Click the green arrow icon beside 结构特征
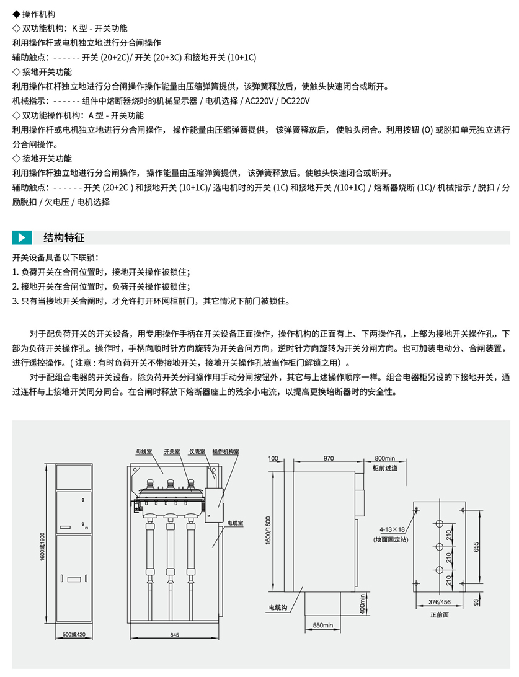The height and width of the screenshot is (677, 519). click(x=22, y=237)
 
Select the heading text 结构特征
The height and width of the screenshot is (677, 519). click(x=64, y=237)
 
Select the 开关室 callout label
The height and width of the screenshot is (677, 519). click(x=172, y=451)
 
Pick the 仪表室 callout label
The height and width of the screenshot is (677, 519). click(x=197, y=451)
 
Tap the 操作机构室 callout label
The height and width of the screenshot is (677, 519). click(x=225, y=451)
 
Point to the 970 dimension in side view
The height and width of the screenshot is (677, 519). click(x=328, y=458)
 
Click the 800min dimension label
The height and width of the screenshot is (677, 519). click(x=385, y=458)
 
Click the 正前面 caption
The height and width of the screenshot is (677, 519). click(x=439, y=615)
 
